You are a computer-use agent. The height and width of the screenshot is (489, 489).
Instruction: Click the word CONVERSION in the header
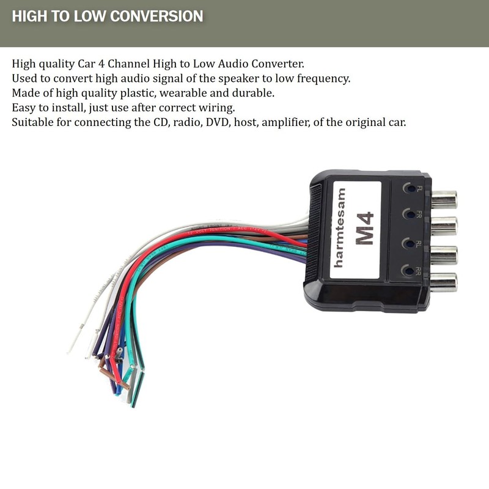pyautogui.click(x=155, y=16)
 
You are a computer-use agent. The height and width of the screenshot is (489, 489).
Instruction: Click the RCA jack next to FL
pyautogui.click(x=443, y=199)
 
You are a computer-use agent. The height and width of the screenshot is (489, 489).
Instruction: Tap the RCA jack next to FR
pyautogui.click(x=443, y=226)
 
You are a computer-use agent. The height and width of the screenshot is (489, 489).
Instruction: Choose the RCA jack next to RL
pyautogui.click(x=443, y=254)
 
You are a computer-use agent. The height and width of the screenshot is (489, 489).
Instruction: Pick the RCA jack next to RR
pyautogui.click(x=443, y=281)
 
